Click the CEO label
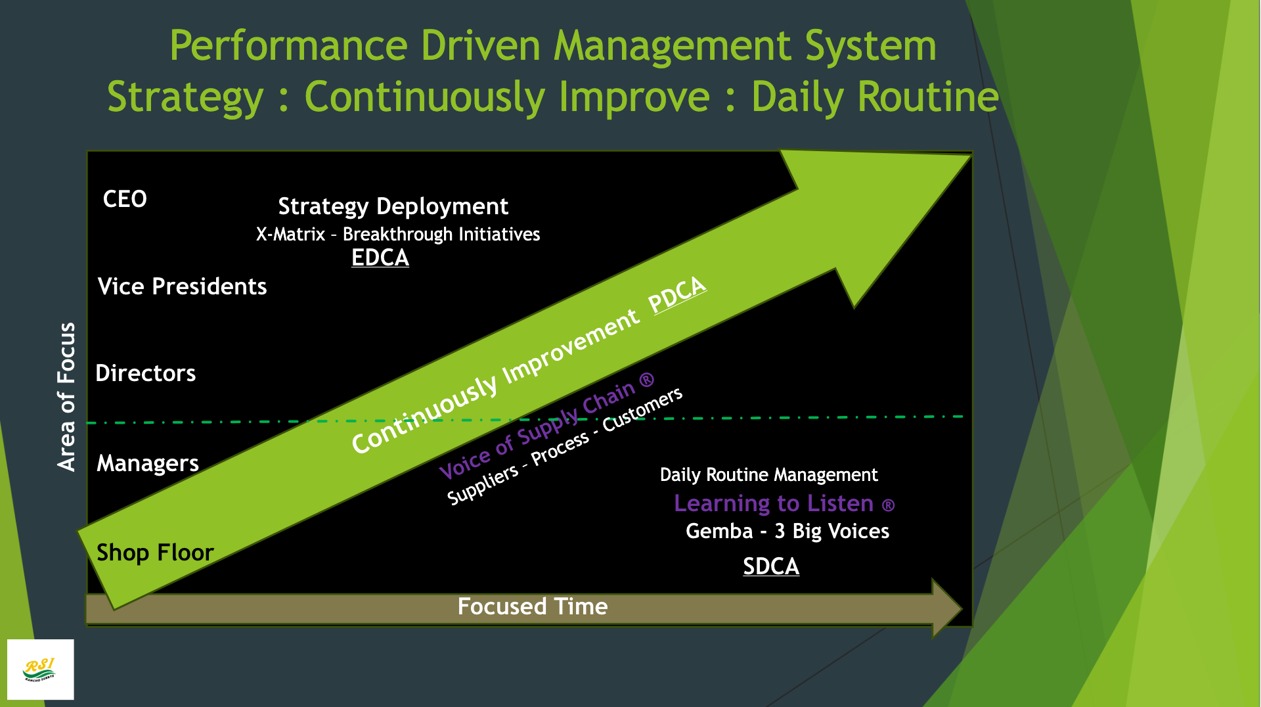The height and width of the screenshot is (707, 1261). click(x=125, y=199)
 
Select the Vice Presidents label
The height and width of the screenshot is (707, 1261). click(x=182, y=286)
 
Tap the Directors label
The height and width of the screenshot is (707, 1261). click(x=145, y=373)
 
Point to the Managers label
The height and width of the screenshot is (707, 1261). click(x=147, y=463)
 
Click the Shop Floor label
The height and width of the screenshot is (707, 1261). click(x=155, y=553)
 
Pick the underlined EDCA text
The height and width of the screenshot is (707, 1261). click(x=380, y=258)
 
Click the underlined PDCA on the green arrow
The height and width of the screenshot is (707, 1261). click(x=676, y=294)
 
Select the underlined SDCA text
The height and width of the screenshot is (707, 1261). click(x=770, y=566)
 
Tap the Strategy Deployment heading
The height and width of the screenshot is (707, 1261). click(x=393, y=206)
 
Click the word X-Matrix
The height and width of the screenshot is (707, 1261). click(x=290, y=235)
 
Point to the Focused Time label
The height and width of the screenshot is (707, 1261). click(x=532, y=606)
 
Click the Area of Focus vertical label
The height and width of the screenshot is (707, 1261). click(x=66, y=397)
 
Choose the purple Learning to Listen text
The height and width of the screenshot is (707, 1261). click(x=774, y=503)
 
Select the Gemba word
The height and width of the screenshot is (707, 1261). click(x=719, y=531)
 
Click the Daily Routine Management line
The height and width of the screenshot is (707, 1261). click(x=768, y=474)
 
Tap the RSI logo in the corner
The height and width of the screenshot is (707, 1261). click(x=40, y=670)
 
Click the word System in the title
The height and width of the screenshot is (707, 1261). click(x=870, y=46)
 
